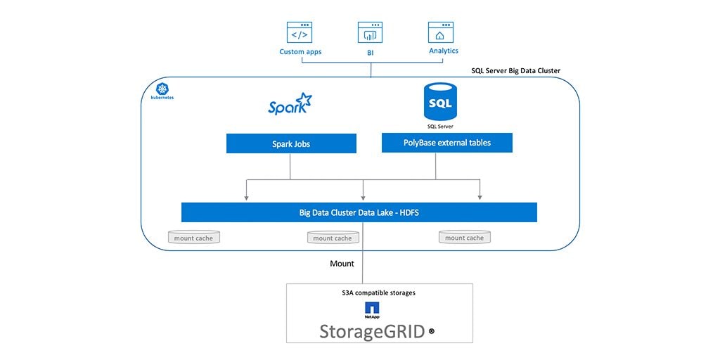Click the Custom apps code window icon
tap(300, 32)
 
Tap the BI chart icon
tap(370, 32)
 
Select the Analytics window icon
tap(441, 32)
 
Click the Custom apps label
tap(300, 52)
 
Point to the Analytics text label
tap(444, 51)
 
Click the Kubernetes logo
tap(163, 90)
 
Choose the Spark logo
tap(290, 104)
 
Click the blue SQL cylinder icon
tap(440, 103)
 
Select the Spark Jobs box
tap(291, 143)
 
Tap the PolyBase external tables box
tap(447, 143)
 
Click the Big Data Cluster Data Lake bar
tap(359, 212)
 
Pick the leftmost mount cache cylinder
tap(194, 238)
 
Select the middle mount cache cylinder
tap(333, 238)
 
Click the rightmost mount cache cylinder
tap(465, 237)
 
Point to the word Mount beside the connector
tap(342, 264)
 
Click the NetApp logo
tap(372, 309)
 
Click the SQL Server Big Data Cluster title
tap(515, 71)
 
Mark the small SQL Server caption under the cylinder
tap(441, 127)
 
